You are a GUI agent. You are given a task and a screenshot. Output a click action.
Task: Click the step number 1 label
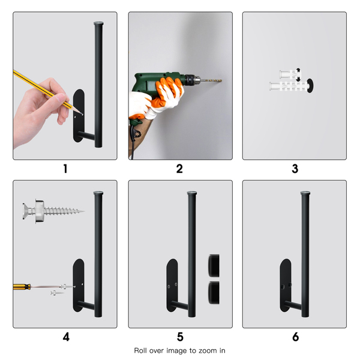[x=65, y=169]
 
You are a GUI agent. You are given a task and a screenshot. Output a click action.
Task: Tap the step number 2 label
[x=179, y=169]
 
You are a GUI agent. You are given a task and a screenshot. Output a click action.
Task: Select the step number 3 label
[x=295, y=169]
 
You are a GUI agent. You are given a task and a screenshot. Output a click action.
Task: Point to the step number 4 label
[x=66, y=337]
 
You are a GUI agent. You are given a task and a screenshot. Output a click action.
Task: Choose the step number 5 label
[x=180, y=337]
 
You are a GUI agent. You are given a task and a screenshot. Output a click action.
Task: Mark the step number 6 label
[x=295, y=337]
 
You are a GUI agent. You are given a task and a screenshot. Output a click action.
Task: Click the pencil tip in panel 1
[x=82, y=113]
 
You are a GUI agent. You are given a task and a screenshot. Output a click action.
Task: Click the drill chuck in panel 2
[x=192, y=80]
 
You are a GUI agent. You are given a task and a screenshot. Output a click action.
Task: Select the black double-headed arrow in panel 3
[x=298, y=75]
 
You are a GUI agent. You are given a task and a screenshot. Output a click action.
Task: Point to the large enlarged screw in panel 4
[x=53, y=211]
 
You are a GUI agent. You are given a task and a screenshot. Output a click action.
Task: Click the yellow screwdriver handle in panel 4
[x=22, y=287]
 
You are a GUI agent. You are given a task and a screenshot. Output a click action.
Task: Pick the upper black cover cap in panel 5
[x=214, y=265]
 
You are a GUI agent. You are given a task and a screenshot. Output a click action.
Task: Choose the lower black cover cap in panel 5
[x=214, y=293]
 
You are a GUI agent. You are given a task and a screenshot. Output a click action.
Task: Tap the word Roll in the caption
[x=140, y=350]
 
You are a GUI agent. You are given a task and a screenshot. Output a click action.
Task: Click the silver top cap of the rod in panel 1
[x=98, y=23]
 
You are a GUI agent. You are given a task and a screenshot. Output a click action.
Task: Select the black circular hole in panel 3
[x=310, y=86]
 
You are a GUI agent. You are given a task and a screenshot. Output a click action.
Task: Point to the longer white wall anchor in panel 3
[x=289, y=86]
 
